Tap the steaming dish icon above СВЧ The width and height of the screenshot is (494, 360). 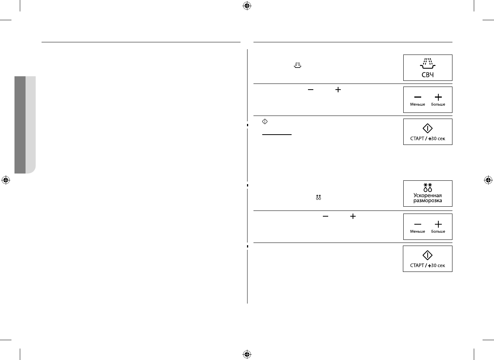click(428, 63)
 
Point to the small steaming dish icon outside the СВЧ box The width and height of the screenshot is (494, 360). click(297, 66)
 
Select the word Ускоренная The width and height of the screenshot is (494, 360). click(428, 196)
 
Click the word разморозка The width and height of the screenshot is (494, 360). click(428, 201)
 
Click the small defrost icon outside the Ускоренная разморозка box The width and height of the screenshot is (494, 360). click(319, 197)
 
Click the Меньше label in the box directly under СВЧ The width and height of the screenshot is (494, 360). click(417, 104)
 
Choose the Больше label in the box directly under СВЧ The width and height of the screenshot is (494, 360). click(438, 104)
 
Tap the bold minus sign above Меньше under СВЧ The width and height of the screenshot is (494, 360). click(418, 97)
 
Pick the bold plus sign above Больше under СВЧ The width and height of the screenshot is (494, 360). click(438, 97)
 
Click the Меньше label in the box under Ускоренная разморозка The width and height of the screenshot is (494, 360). click(417, 231)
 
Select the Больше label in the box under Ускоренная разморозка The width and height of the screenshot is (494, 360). click(438, 231)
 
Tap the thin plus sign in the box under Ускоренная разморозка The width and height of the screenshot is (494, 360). click(438, 224)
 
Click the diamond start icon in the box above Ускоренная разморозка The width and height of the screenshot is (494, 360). click(428, 129)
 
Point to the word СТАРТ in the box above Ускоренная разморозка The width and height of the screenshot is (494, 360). click(417, 138)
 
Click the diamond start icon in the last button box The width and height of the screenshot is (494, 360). click(428, 256)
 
